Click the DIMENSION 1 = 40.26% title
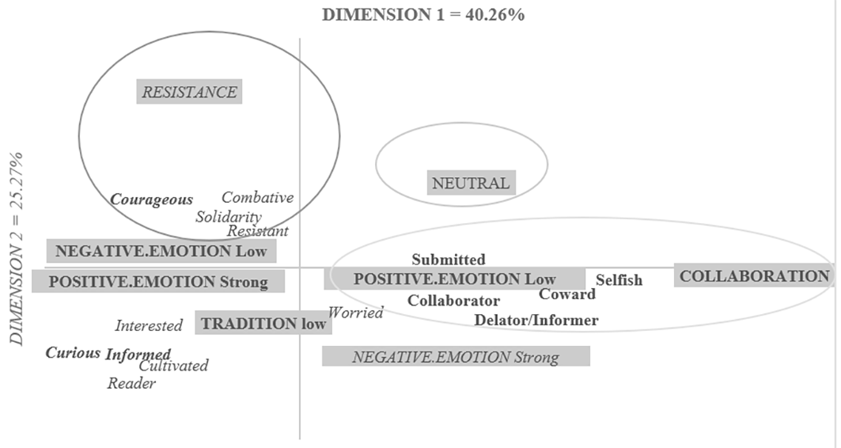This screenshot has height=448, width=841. pos(423,14)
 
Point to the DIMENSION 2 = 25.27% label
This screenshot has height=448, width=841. pos(16,249)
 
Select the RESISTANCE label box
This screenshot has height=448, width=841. pos(189,92)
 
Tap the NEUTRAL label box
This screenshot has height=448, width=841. pos(471,183)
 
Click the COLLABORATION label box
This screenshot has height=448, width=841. pos(754,275)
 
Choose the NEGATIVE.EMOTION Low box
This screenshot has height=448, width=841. pos(161,251)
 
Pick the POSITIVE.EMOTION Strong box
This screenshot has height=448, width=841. pos(158,282)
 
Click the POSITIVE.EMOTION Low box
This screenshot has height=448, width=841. pos(454,279)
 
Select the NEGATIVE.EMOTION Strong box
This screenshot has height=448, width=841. pos(456,357)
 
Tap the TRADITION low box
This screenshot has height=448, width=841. pos(263,323)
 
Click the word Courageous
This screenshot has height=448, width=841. pos(151,199)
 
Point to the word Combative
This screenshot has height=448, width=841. pos(257,197)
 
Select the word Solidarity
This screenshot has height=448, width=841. pos(229,217)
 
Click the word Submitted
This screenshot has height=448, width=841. pos(449,259)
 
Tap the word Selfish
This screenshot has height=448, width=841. pos(619,279)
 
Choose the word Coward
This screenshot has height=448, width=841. pos(567,294)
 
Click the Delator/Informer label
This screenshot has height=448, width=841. pos(536,320)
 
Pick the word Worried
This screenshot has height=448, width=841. pos(355,312)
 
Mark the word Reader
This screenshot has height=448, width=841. pos(131,383)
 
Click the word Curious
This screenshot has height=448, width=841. pos(73,352)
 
